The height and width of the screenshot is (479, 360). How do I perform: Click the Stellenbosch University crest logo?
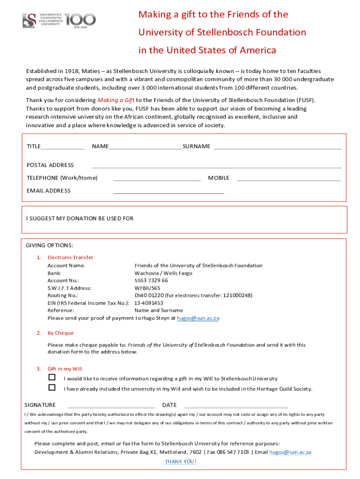29,20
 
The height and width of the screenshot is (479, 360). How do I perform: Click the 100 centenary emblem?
80,20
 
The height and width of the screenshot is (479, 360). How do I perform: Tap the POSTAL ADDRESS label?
50,165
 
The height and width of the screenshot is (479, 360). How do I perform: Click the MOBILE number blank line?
289,180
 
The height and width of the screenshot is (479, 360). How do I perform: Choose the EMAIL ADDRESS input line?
169,192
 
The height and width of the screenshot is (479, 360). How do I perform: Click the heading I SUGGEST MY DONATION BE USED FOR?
80,218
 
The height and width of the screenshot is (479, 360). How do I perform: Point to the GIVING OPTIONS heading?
50,246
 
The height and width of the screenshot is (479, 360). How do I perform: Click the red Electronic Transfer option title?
70,257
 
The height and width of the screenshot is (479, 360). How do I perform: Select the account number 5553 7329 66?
151,281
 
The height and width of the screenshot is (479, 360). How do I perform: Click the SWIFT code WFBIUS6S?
147,288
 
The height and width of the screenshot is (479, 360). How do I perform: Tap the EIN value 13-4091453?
149,303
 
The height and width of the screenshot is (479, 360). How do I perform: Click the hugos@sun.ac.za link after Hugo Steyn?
198,318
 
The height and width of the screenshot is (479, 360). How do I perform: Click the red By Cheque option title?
60,333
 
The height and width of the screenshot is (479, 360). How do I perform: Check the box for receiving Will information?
52,377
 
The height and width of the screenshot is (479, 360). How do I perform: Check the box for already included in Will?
52,388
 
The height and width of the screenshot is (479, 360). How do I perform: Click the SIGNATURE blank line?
111,407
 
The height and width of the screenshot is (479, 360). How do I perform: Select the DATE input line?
236,407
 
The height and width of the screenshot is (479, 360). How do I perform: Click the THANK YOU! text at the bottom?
180,461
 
